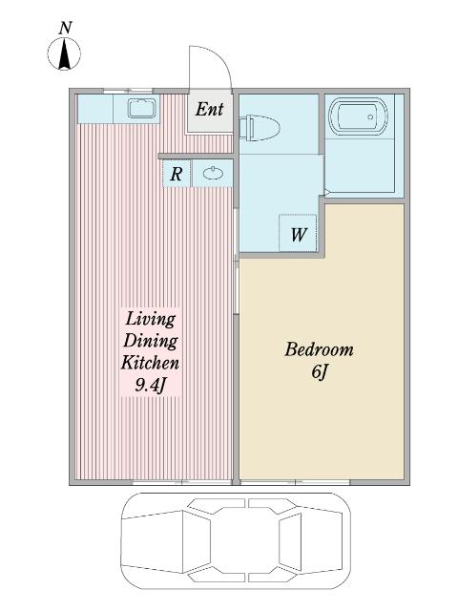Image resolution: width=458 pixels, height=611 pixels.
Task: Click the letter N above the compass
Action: pos(66,29)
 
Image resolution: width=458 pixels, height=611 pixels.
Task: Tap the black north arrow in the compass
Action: pos(64,54)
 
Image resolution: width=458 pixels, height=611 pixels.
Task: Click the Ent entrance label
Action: pos(209,110)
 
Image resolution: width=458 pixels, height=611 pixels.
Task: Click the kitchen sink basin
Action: pos(142,108)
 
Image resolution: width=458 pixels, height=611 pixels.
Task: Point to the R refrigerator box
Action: pos(177,174)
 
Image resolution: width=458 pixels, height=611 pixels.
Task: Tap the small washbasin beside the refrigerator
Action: pos(213,174)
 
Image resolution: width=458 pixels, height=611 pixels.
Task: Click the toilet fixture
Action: pos(260,127)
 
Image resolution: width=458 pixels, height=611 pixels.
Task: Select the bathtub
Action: pos(359,116)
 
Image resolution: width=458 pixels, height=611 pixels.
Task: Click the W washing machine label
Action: pos(299,234)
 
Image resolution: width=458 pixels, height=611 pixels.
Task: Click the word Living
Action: pos(151,319)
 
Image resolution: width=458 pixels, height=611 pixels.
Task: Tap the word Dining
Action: pos(151,341)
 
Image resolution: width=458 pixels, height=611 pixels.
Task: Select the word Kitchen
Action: pos(151,363)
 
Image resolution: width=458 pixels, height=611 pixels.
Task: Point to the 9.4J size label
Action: pos(151,386)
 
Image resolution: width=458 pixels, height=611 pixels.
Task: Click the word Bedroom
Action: pos(319,349)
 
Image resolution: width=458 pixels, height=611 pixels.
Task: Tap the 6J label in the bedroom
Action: pos(319,371)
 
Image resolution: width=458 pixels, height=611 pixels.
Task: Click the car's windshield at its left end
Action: pos(197,543)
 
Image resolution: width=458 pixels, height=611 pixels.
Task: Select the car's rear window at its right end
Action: pos(290,542)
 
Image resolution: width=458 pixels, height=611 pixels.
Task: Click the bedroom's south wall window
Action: pos(295,482)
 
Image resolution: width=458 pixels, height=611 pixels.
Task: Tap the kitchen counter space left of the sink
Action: pos(95,109)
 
